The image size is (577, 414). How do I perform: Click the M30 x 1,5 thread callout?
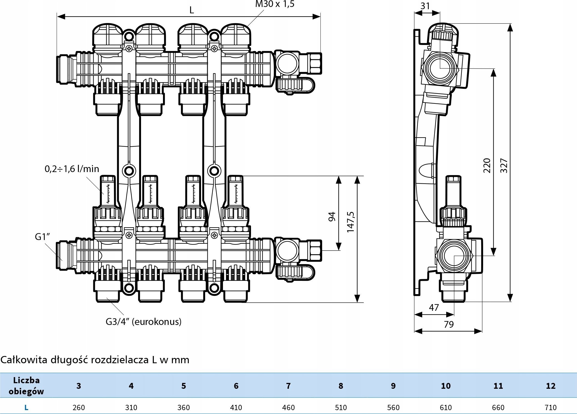click(274, 4)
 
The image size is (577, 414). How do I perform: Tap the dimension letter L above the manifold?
click(191, 10)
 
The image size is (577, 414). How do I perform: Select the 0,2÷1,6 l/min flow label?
click(72, 169)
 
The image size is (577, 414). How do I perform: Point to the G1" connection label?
click(42, 237)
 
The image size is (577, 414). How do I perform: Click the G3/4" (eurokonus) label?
click(144, 322)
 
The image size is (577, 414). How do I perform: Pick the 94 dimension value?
click(332, 216)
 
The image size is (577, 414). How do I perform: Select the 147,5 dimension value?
click(350, 222)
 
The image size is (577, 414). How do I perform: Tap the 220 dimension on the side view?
click(487, 165)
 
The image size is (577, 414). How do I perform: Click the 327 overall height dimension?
click(504, 166)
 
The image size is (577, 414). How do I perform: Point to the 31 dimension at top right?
click(425, 6)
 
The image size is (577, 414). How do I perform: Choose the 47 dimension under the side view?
click(434, 307)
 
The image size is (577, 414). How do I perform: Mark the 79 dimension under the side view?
click(449, 324)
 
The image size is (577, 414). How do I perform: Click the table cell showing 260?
click(79, 407)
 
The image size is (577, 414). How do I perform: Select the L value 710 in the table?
click(551, 407)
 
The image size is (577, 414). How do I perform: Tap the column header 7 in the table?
click(288, 386)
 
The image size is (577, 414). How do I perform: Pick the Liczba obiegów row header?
click(26, 386)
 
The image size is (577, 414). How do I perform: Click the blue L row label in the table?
click(26, 407)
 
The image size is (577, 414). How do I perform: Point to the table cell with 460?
click(288, 407)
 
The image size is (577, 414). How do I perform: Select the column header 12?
click(551, 386)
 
